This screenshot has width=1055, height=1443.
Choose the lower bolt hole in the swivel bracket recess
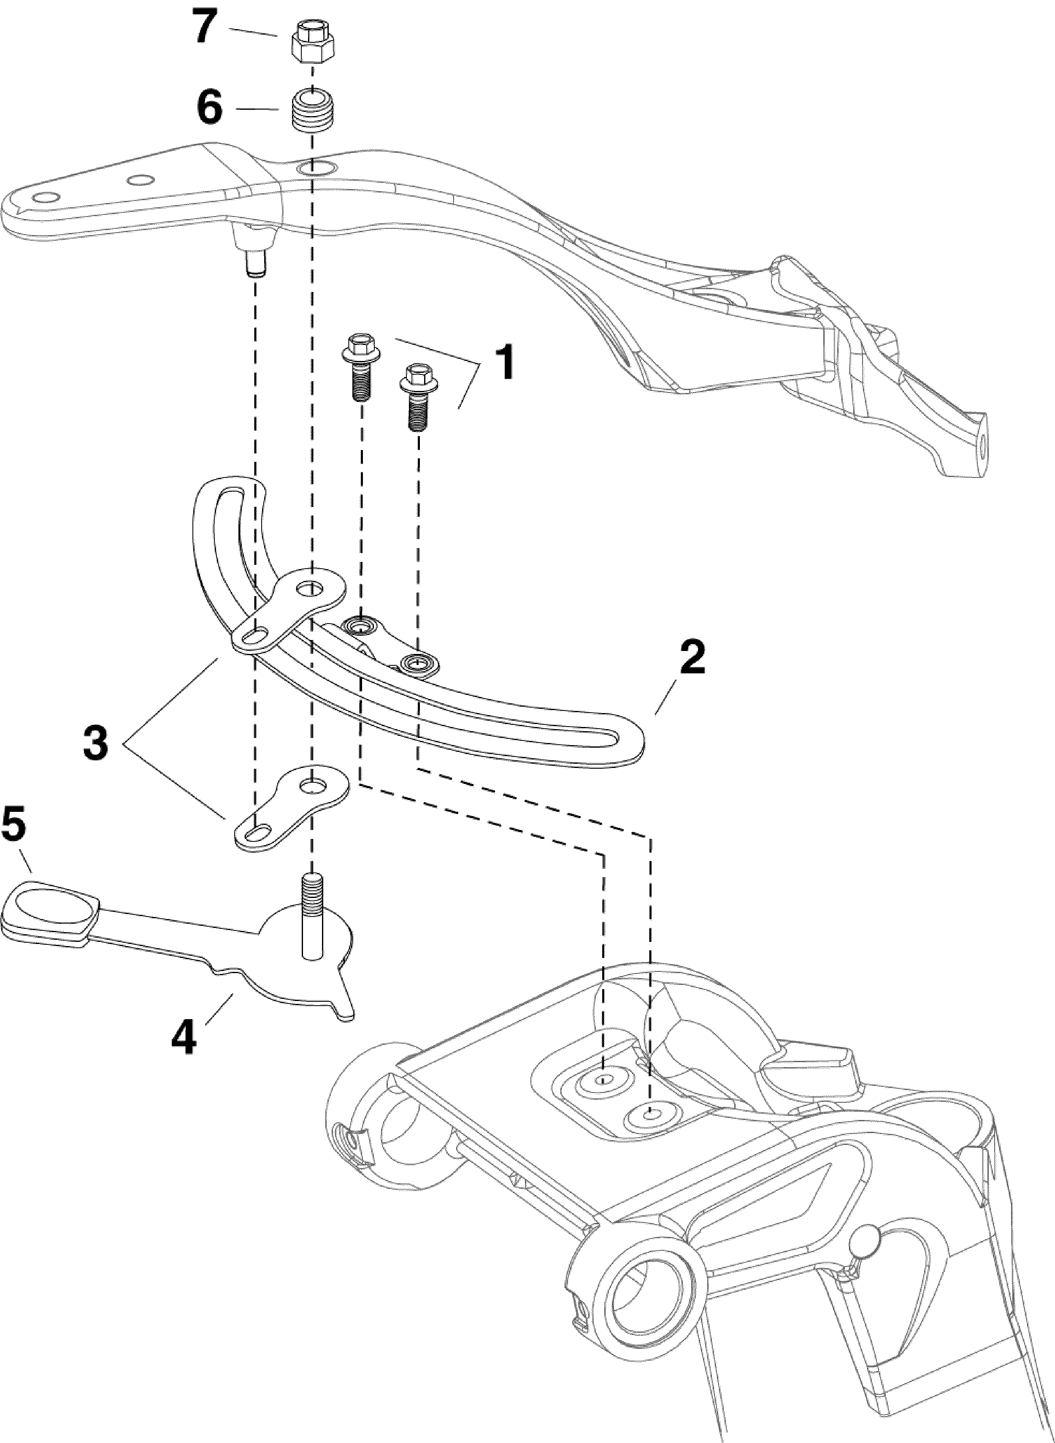tap(651, 1115)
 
